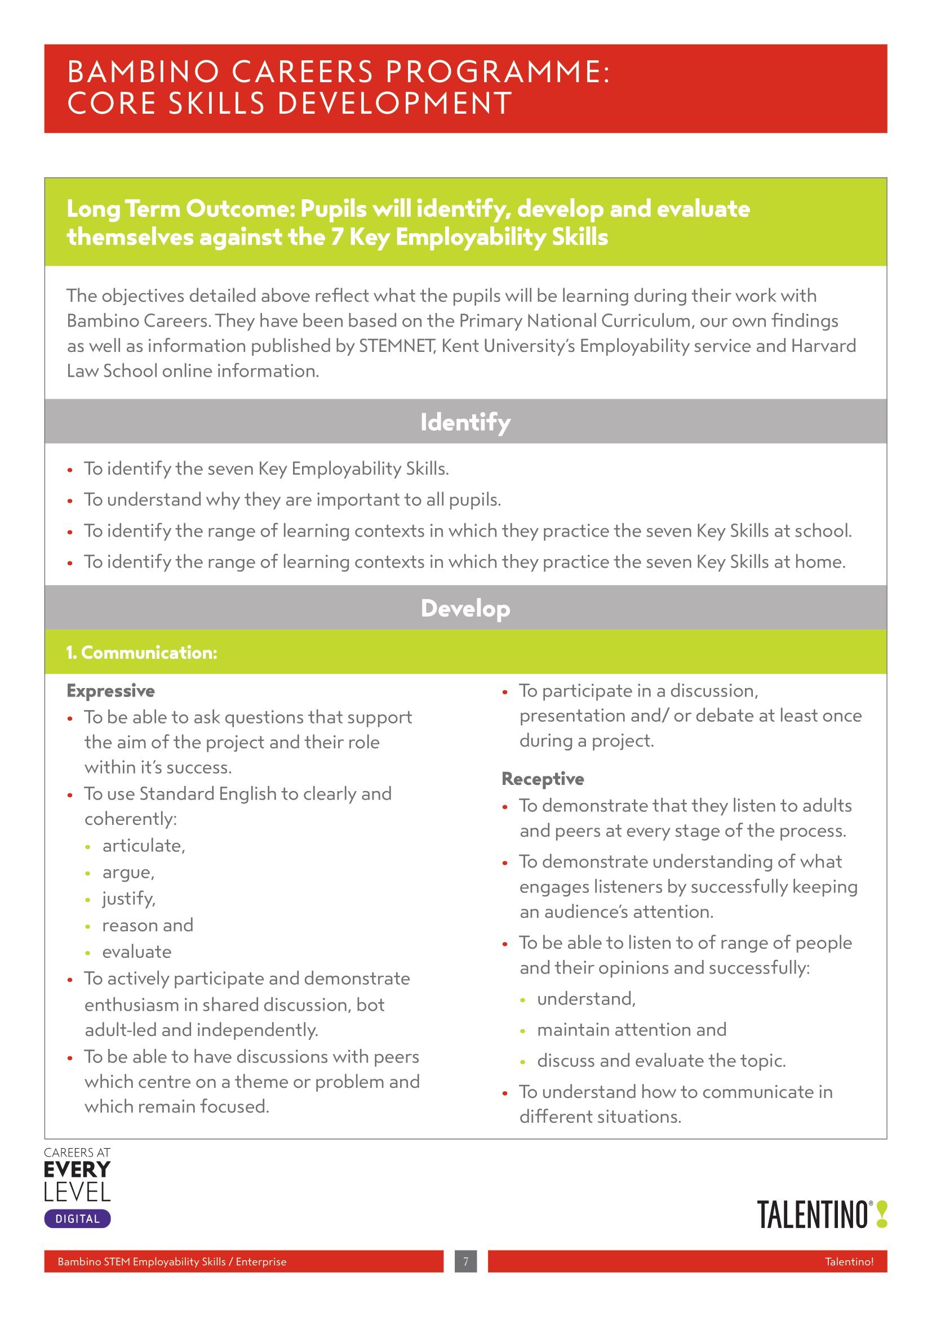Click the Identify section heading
click(x=465, y=422)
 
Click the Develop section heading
click(x=465, y=608)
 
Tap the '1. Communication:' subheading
click(x=142, y=652)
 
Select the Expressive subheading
click(x=111, y=691)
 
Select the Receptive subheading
click(x=543, y=778)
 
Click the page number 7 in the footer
click(x=465, y=1261)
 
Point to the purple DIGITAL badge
click(x=77, y=1219)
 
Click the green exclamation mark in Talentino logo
click(x=882, y=1215)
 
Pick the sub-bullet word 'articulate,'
click(x=144, y=846)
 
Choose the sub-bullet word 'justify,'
click(x=128, y=898)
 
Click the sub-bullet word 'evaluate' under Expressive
click(x=136, y=952)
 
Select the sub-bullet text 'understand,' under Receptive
click(x=586, y=999)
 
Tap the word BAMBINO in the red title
click(x=144, y=72)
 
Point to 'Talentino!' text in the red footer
click(x=849, y=1261)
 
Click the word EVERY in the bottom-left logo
click(x=77, y=1169)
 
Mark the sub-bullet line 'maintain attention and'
click(x=631, y=1030)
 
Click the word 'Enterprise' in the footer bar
click(x=261, y=1261)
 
